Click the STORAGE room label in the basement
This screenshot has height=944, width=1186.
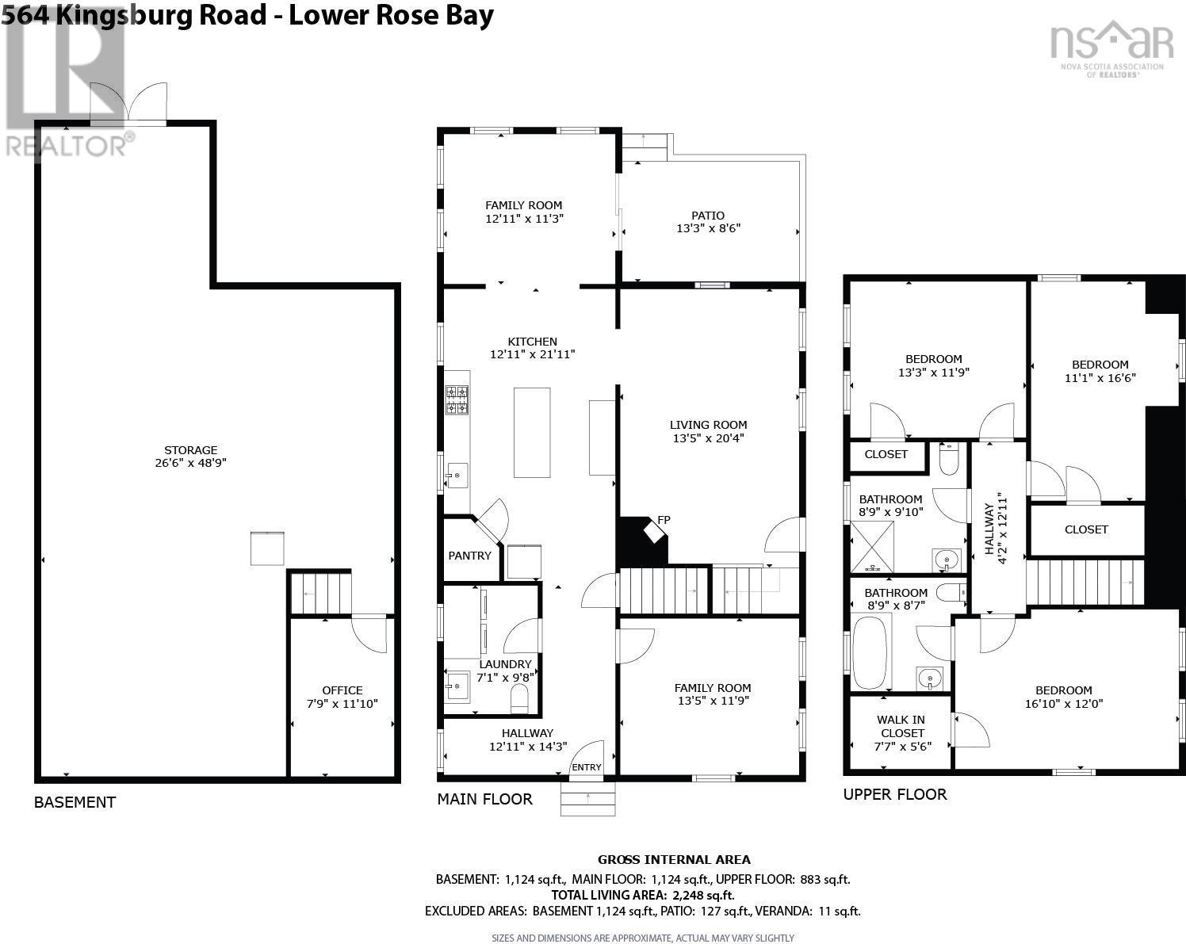pos(191,449)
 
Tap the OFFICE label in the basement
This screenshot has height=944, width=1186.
pos(342,690)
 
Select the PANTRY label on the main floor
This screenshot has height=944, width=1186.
pos(469,556)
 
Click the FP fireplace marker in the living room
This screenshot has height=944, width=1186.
pos(664,520)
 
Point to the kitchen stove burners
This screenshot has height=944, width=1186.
pos(457,399)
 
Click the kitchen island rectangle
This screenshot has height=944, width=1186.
pos(532,432)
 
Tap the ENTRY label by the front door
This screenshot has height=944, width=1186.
pos(587,767)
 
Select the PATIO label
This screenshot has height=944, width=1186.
pos(708,216)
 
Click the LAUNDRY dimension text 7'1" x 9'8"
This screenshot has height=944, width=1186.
pos(505,677)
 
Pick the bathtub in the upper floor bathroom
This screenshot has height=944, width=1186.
pos(871,652)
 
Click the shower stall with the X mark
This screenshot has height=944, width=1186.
pos(872,547)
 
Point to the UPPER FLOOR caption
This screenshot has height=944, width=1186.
pos(895,794)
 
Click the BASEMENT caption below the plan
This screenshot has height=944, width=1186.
pos(75,802)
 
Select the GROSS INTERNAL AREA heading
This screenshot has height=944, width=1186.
pos(674,860)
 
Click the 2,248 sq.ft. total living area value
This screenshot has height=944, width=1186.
pos(703,896)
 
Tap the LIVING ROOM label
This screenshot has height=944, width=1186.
pos(708,424)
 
